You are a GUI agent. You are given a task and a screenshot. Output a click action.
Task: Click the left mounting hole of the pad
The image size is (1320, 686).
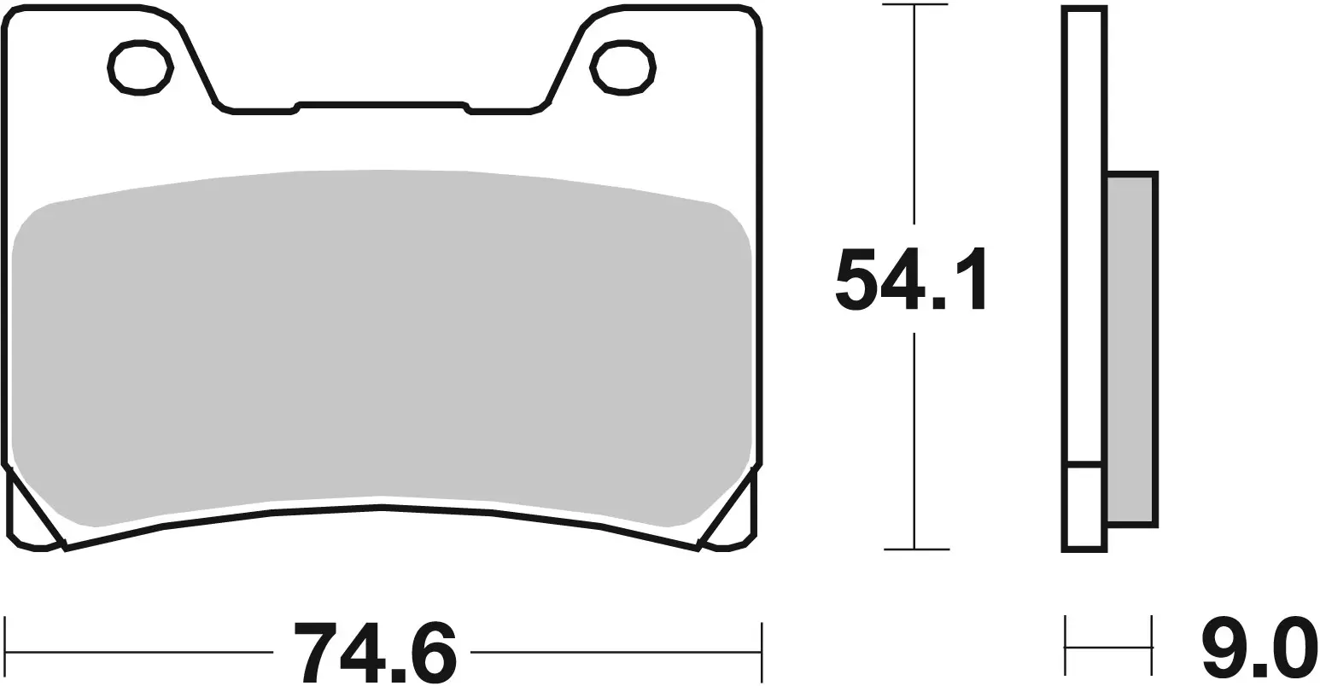141,67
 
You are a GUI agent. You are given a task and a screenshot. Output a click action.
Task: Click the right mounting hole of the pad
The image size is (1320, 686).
622,67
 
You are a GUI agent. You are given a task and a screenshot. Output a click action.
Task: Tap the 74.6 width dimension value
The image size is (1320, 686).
376,652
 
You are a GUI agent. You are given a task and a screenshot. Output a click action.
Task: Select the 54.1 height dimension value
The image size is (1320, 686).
910,279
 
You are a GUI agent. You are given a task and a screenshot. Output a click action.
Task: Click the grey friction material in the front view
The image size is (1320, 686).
381,341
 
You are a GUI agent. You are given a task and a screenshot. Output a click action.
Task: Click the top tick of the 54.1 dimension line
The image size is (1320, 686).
914,5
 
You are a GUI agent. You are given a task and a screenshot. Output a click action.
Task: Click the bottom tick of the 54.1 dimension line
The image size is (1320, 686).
915,549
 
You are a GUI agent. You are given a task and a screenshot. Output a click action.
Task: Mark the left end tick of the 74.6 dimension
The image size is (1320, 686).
6,652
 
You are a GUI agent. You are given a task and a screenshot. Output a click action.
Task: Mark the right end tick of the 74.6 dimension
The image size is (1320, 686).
760,652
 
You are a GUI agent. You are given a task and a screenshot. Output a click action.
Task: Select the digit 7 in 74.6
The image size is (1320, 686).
315,652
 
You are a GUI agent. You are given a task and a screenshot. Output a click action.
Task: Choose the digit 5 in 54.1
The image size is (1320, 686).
855,279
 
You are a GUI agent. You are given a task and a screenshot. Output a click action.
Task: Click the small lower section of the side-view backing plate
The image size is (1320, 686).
1085,507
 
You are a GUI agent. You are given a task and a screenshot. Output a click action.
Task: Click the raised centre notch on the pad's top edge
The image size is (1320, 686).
381,105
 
